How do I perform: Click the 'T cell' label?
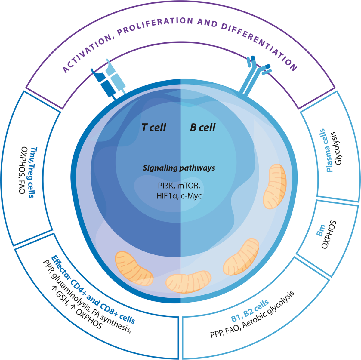point(154,128)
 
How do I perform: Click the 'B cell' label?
point(203,128)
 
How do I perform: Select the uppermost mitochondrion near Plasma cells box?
point(275,186)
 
